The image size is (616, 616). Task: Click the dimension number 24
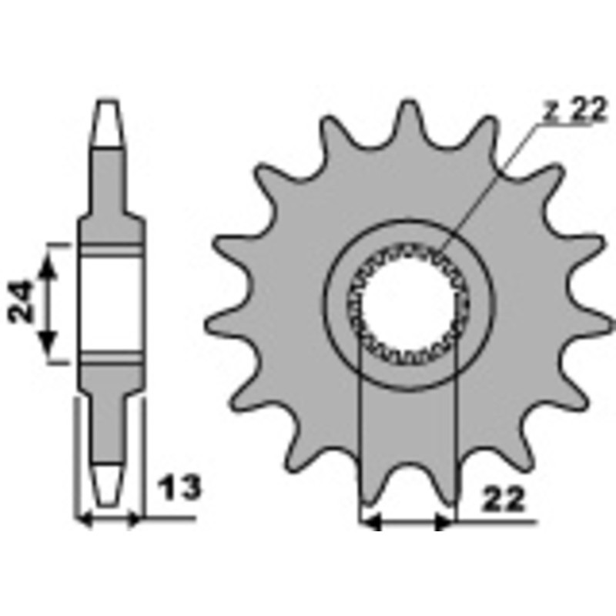tap(22, 301)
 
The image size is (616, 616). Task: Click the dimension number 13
tap(179, 488)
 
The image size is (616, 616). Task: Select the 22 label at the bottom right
tap(504, 499)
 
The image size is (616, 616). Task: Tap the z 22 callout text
tap(574, 110)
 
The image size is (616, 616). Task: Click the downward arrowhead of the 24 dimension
tap(48, 343)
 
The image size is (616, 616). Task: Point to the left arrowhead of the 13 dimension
tap(84, 521)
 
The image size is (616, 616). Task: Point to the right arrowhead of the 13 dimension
tap(133, 521)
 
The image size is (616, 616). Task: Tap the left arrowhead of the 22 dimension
tap(371, 523)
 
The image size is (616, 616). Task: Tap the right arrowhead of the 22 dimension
tap(444, 523)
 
